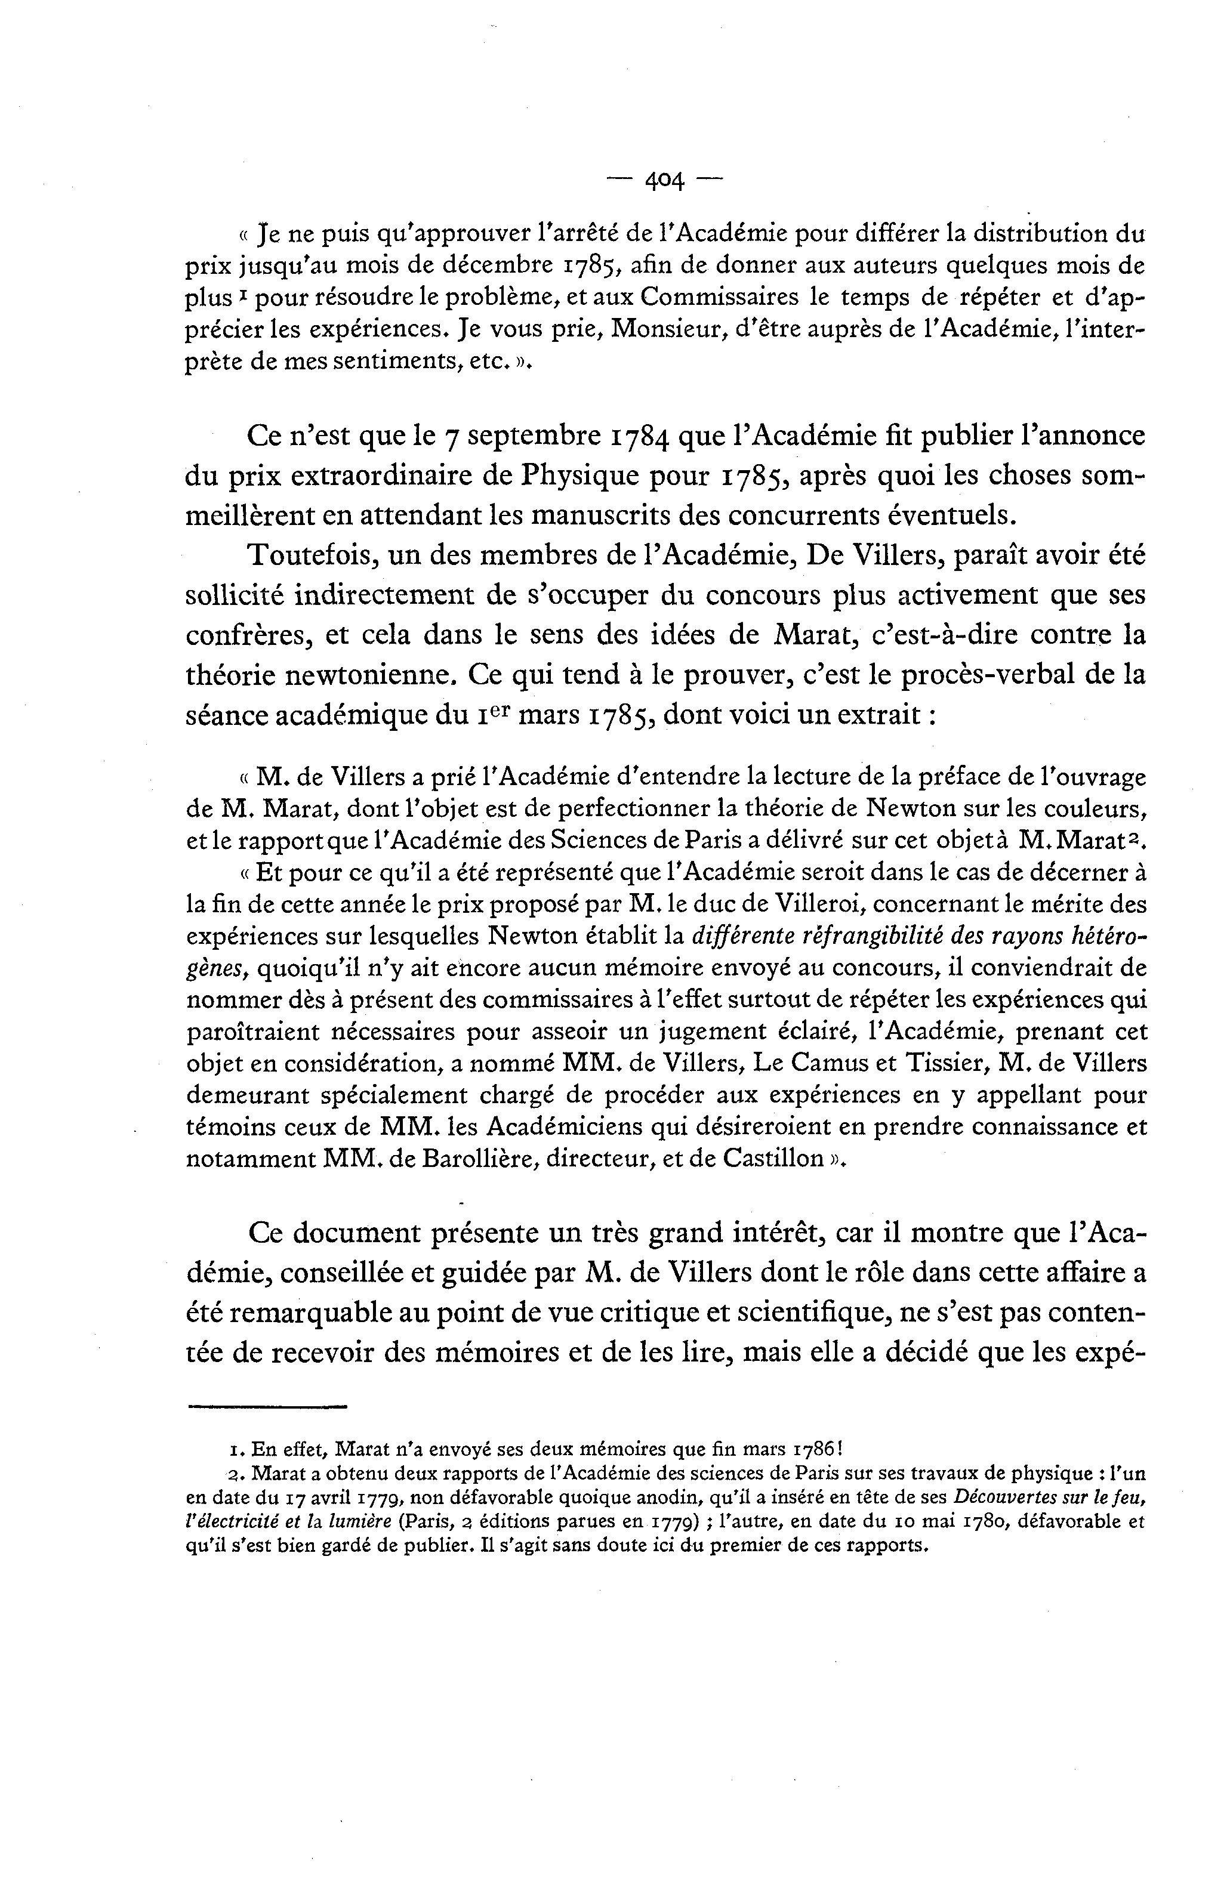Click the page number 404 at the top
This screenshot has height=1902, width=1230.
pyautogui.click(x=664, y=182)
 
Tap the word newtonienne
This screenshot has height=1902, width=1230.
pyautogui.click(x=320, y=675)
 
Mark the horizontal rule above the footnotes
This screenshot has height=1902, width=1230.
pyautogui.click(x=267, y=1407)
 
